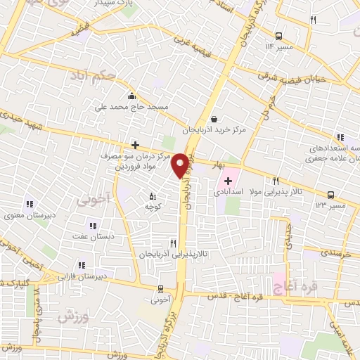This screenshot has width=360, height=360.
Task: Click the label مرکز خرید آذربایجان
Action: point(216,131)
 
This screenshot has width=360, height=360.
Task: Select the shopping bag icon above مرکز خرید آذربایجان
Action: point(214,119)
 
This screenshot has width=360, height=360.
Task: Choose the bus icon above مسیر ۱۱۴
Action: point(279,36)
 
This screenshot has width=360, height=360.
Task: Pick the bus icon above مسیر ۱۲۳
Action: point(330,194)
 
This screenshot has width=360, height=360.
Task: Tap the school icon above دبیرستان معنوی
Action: point(29,203)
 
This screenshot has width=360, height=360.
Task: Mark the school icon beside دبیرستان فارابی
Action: point(82,264)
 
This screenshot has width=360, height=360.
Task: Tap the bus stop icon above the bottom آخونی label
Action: point(160,288)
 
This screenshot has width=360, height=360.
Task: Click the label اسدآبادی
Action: point(244,191)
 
